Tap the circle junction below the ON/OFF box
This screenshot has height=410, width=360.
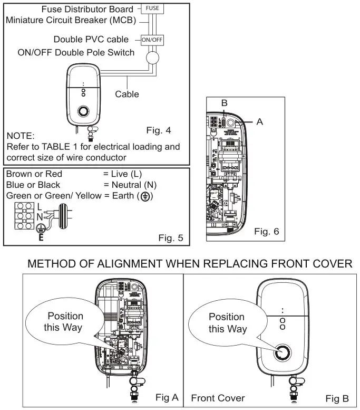click(152, 57)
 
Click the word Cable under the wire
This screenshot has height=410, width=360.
click(127, 94)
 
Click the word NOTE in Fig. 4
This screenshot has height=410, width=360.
click(21, 135)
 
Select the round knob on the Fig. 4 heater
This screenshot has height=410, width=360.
click(83, 112)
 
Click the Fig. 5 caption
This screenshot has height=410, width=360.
click(171, 238)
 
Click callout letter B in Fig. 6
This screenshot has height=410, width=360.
click(224, 103)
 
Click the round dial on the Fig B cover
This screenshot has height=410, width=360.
click(283, 354)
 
